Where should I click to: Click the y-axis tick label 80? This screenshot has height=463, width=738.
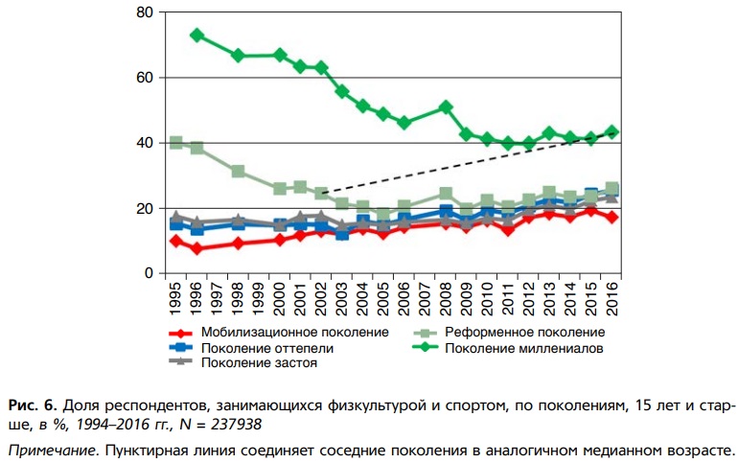pos(145,12)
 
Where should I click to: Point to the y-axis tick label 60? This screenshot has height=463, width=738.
pos(145,78)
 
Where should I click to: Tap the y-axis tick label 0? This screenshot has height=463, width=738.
pos(150,273)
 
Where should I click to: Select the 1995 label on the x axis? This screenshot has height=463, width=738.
pos(175,301)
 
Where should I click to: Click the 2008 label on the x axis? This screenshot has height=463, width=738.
pos(447,301)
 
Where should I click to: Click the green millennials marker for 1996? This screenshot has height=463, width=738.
pos(196,35)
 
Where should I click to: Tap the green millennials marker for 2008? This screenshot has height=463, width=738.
pos(447,106)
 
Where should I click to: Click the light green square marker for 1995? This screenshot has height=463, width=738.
pos(175,143)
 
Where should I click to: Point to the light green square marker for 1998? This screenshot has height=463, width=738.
pos(238,172)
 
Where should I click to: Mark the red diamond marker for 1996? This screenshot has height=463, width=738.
pos(196,248)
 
